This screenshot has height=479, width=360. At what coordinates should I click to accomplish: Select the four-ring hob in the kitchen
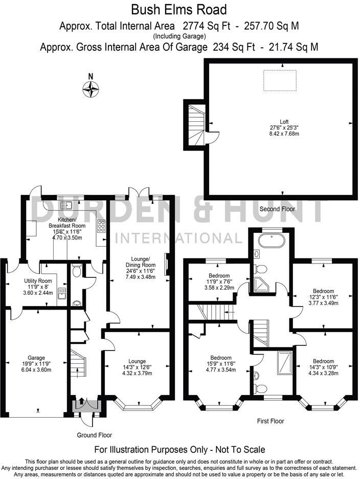(x=101, y=226)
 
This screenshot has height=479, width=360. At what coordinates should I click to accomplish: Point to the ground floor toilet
(x=76, y=271)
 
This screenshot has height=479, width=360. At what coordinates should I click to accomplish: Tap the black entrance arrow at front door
(x=81, y=400)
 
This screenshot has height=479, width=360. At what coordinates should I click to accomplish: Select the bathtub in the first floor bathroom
(x=271, y=241)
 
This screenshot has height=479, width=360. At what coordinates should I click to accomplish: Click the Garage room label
(x=37, y=358)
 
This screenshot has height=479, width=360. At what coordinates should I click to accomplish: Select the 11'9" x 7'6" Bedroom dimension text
(x=212, y=280)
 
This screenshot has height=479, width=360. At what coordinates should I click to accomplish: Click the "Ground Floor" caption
(x=94, y=435)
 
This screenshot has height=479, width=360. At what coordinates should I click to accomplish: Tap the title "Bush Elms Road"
(x=179, y=10)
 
